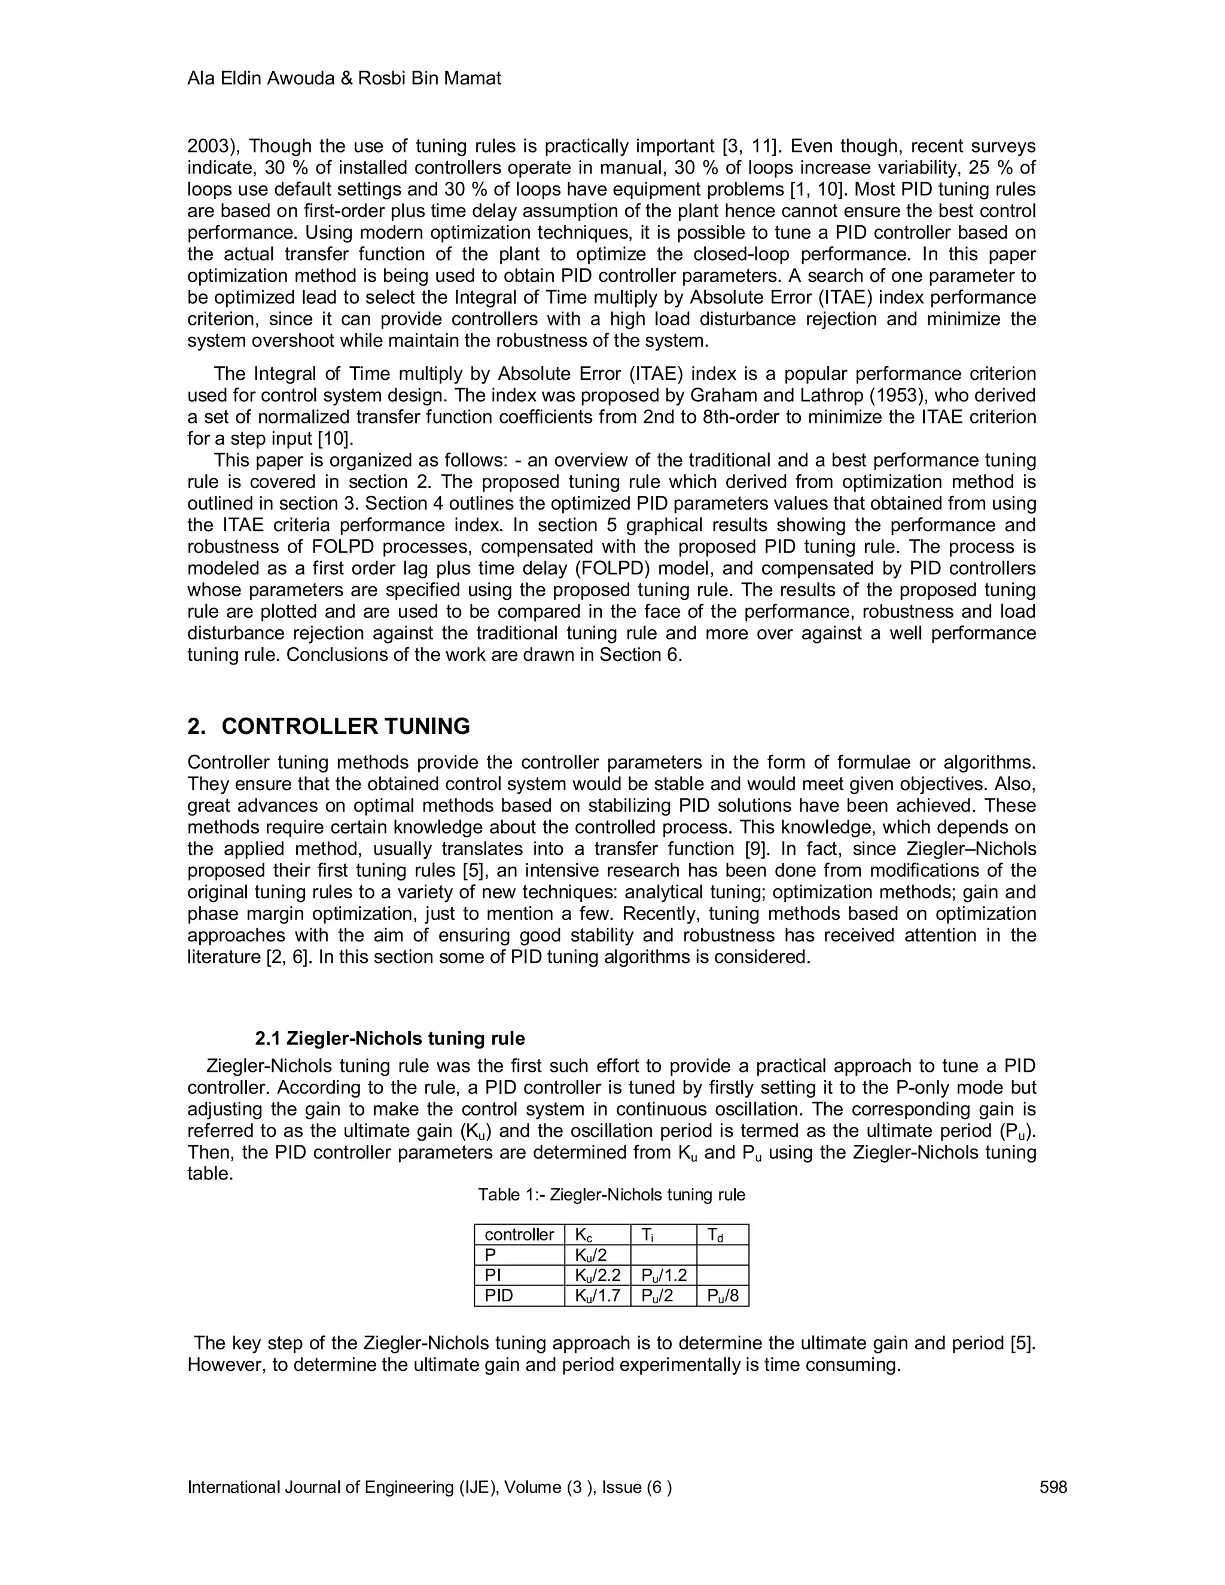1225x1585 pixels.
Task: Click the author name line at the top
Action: click(344, 78)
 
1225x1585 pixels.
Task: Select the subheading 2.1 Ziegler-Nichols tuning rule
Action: click(390, 1038)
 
